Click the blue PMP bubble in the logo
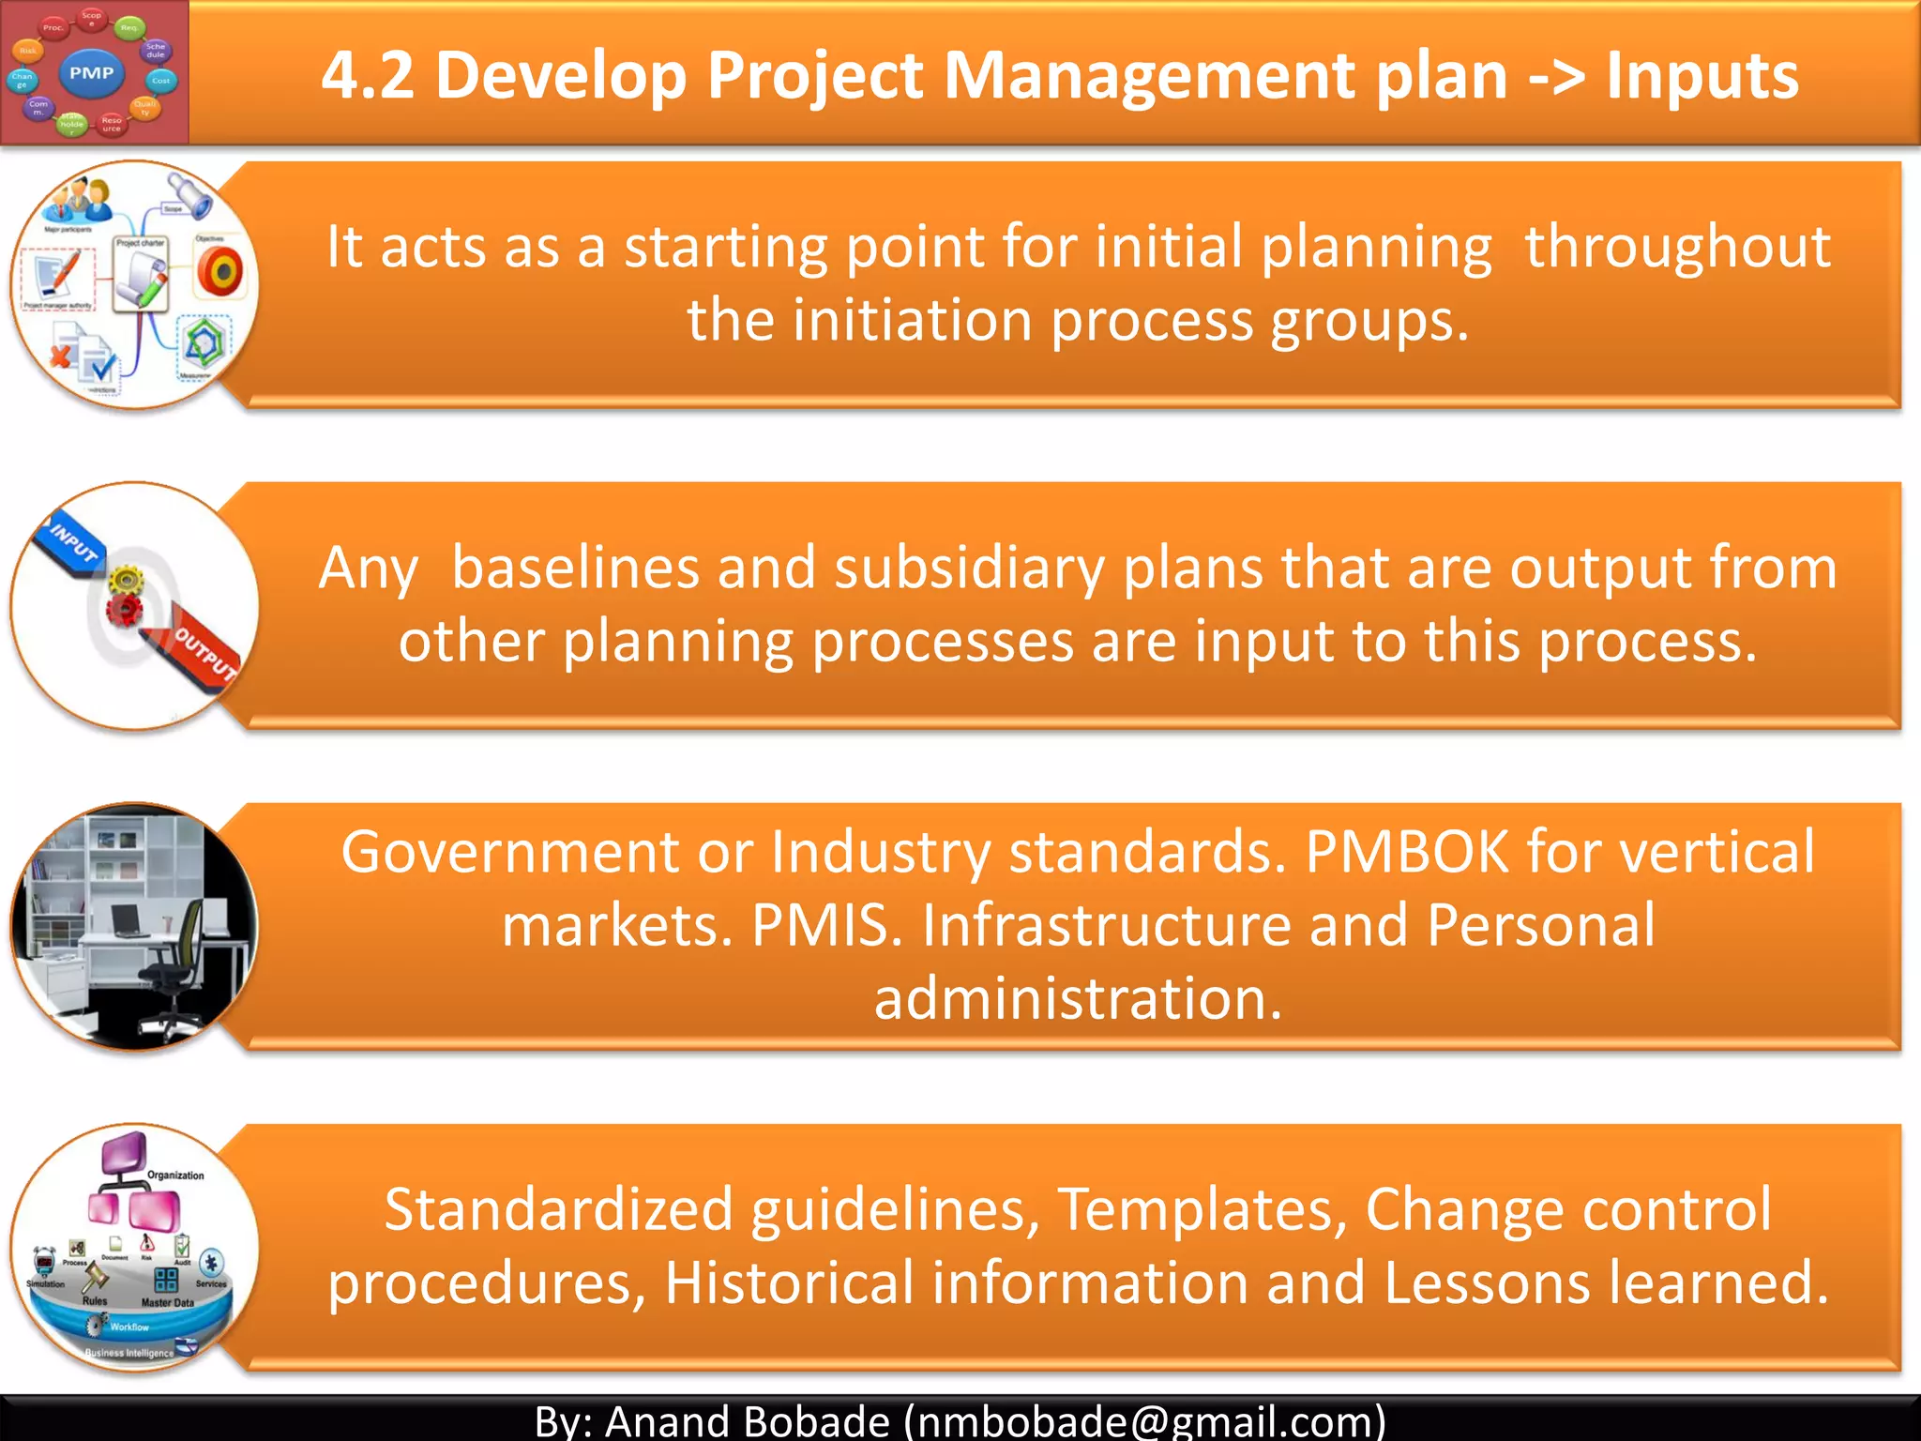pyautogui.click(x=92, y=73)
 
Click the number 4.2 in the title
pyautogui.click(x=367, y=75)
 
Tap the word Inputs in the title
pyautogui.click(x=1702, y=75)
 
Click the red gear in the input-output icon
pyautogui.click(x=123, y=611)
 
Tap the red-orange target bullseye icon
pyautogui.click(x=220, y=274)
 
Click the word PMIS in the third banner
pyautogui.click(x=826, y=925)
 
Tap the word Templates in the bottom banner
pyautogui.click(x=1202, y=1208)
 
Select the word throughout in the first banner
pyautogui.click(x=1677, y=248)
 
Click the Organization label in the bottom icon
pyautogui.click(x=175, y=1175)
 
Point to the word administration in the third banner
pyautogui.click(x=1078, y=998)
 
